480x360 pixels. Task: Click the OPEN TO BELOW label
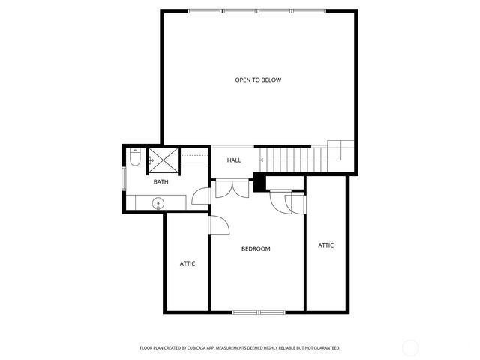coord(258,79)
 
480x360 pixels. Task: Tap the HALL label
coord(234,160)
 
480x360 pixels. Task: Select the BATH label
coord(161,182)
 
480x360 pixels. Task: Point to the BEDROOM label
coord(256,248)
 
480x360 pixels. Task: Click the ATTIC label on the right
coord(326,245)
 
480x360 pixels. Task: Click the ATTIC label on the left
coord(187,263)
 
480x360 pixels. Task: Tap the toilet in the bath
coord(134,158)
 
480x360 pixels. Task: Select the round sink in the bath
coord(159,202)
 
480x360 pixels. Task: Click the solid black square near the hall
coord(260,182)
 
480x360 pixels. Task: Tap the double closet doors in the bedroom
coord(231,188)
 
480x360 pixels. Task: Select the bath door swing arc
coord(200,196)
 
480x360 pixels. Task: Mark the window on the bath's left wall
coord(124,181)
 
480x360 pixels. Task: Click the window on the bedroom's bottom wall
coord(257,311)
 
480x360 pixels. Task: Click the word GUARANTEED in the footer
coord(325,348)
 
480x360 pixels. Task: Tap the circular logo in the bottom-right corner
coord(411,347)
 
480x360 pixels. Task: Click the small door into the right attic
coord(298,204)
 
